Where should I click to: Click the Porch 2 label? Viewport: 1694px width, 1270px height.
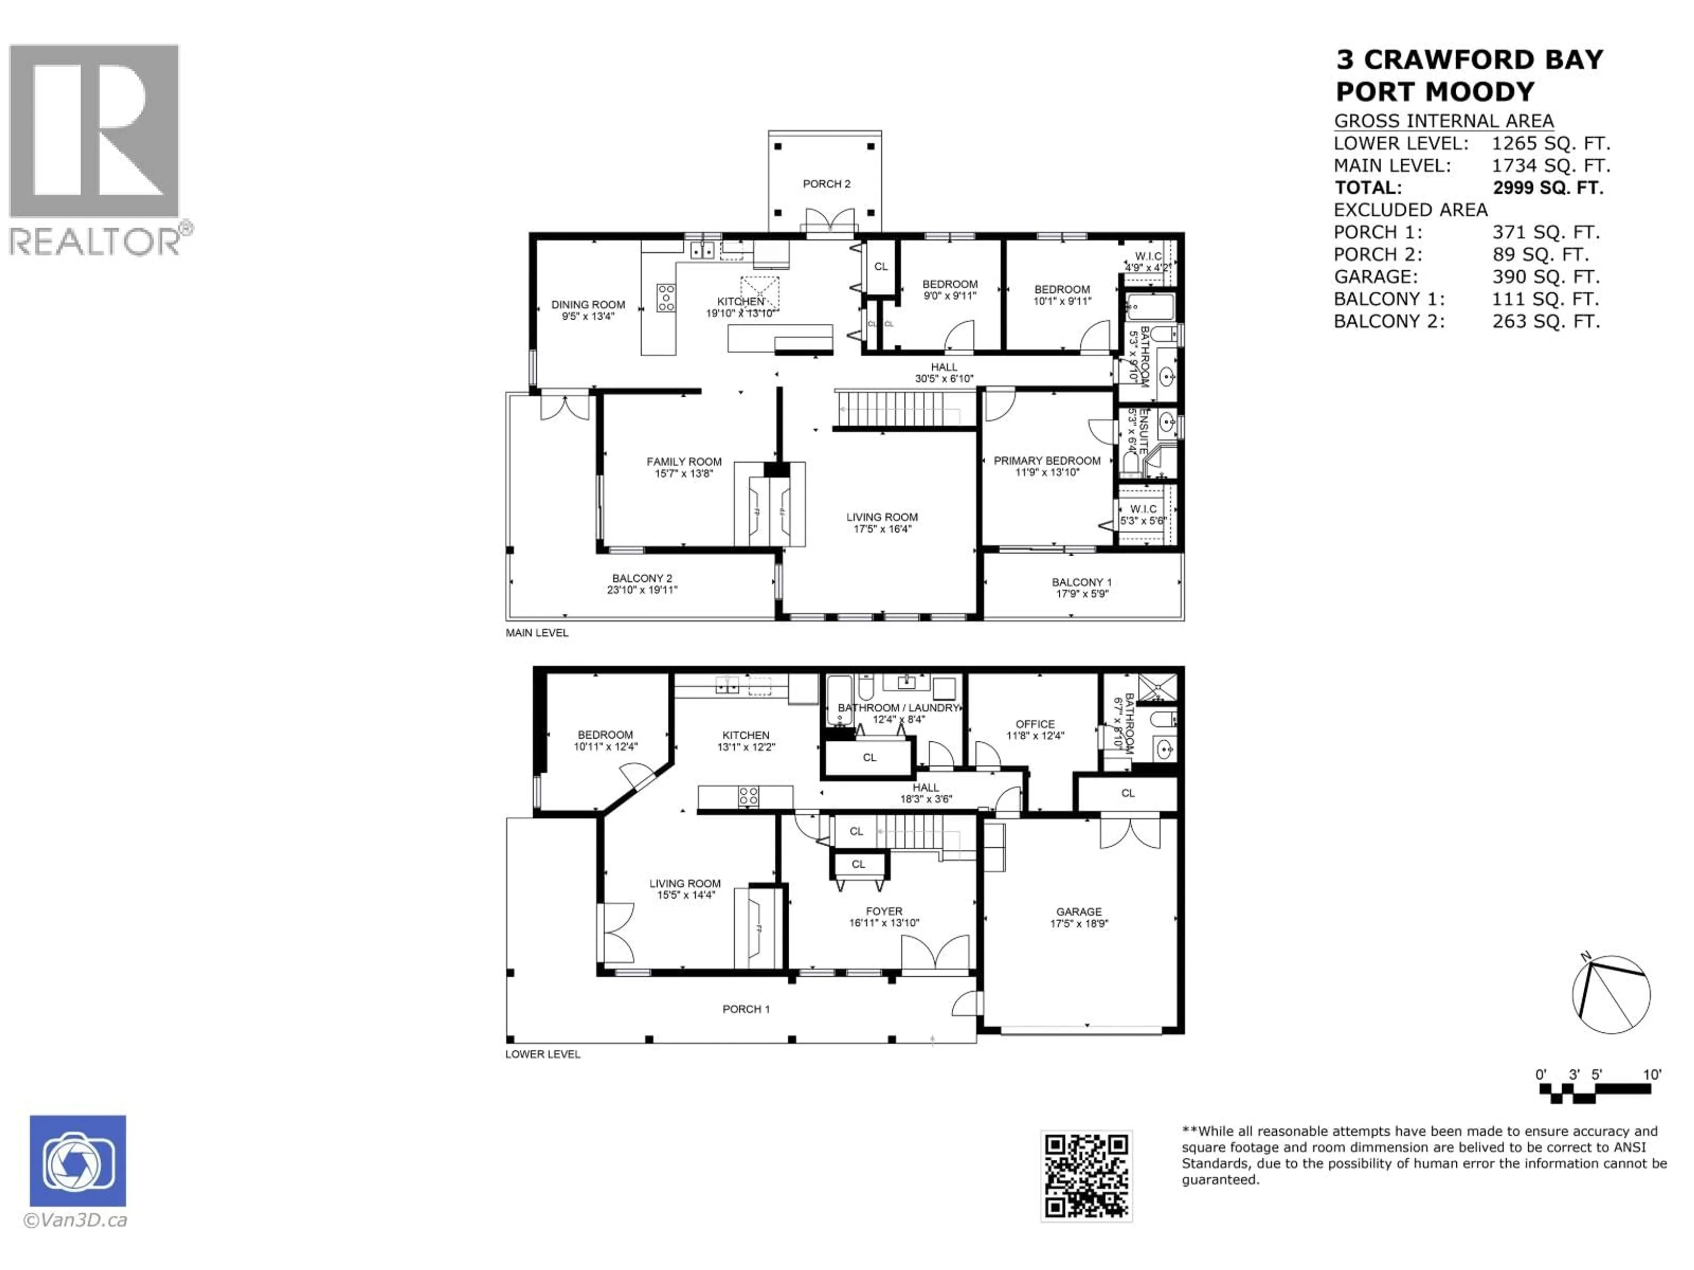[x=826, y=184]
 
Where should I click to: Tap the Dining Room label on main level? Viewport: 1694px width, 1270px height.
[x=588, y=305]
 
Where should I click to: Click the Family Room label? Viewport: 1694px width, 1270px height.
[x=684, y=462]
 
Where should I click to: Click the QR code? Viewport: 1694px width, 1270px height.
[x=1086, y=1176]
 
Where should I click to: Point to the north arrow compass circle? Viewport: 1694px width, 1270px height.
[x=1611, y=994]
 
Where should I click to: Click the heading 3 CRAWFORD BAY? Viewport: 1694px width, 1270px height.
[x=1469, y=60]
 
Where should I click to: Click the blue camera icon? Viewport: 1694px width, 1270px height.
[x=78, y=1161]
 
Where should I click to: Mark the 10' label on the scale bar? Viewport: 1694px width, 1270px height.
[x=1652, y=1075]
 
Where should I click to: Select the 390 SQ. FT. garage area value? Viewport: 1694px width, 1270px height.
[x=1545, y=277]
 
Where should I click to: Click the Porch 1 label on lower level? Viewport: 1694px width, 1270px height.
[x=746, y=1009]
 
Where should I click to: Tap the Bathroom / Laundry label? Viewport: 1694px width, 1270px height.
[x=898, y=708]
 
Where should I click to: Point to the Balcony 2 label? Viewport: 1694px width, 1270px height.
[x=642, y=579]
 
